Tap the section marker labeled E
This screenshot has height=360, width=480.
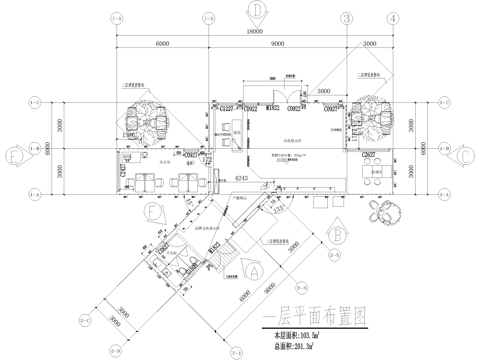[x=14, y=156]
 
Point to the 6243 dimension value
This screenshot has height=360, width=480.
[x=240, y=178]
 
